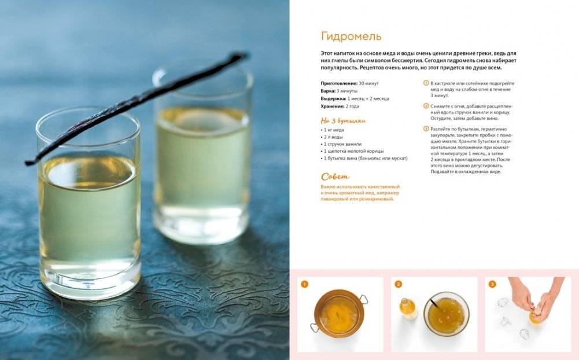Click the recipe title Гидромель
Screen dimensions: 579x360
351,36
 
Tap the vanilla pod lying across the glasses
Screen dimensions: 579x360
137,107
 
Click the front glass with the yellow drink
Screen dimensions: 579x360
88,203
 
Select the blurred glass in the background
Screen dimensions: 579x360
202,155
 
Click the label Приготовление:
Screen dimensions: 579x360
339,83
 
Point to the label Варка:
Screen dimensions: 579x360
328,91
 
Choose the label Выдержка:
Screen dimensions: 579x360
333,99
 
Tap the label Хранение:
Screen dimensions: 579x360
333,106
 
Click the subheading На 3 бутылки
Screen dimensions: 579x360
344,121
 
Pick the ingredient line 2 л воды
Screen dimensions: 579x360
333,137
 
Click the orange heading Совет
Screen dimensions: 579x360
335,177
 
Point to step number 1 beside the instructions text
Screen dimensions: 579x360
426,83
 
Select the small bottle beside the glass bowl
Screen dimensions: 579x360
408,309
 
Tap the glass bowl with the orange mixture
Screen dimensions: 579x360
447,314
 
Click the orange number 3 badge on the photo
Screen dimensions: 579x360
492,284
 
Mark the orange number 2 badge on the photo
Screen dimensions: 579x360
398,284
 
